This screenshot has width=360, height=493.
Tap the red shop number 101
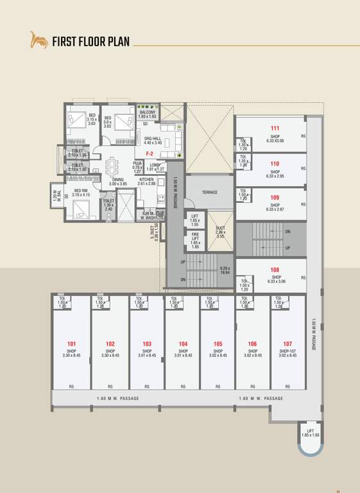(x=71, y=344)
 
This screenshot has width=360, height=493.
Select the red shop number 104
(x=183, y=344)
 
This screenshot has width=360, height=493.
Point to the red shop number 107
(x=287, y=344)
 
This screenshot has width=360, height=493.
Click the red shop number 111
(x=275, y=128)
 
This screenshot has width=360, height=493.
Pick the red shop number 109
(x=275, y=198)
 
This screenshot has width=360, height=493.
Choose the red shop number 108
(x=275, y=270)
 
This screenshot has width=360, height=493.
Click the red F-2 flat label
(x=149, y=154)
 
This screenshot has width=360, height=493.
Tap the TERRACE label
(x=210, y=192)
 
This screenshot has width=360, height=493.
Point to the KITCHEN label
(x=147, y=180)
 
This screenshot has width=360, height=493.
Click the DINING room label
(x=119, y=180)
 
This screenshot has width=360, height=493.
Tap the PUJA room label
(x=137, y=164)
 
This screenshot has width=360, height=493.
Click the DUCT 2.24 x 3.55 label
(x=220, y=231)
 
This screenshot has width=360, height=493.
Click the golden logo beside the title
(x=39, y=40)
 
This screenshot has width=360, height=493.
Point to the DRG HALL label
(x=153, y=139)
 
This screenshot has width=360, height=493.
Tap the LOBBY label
(x=155, y=165)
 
